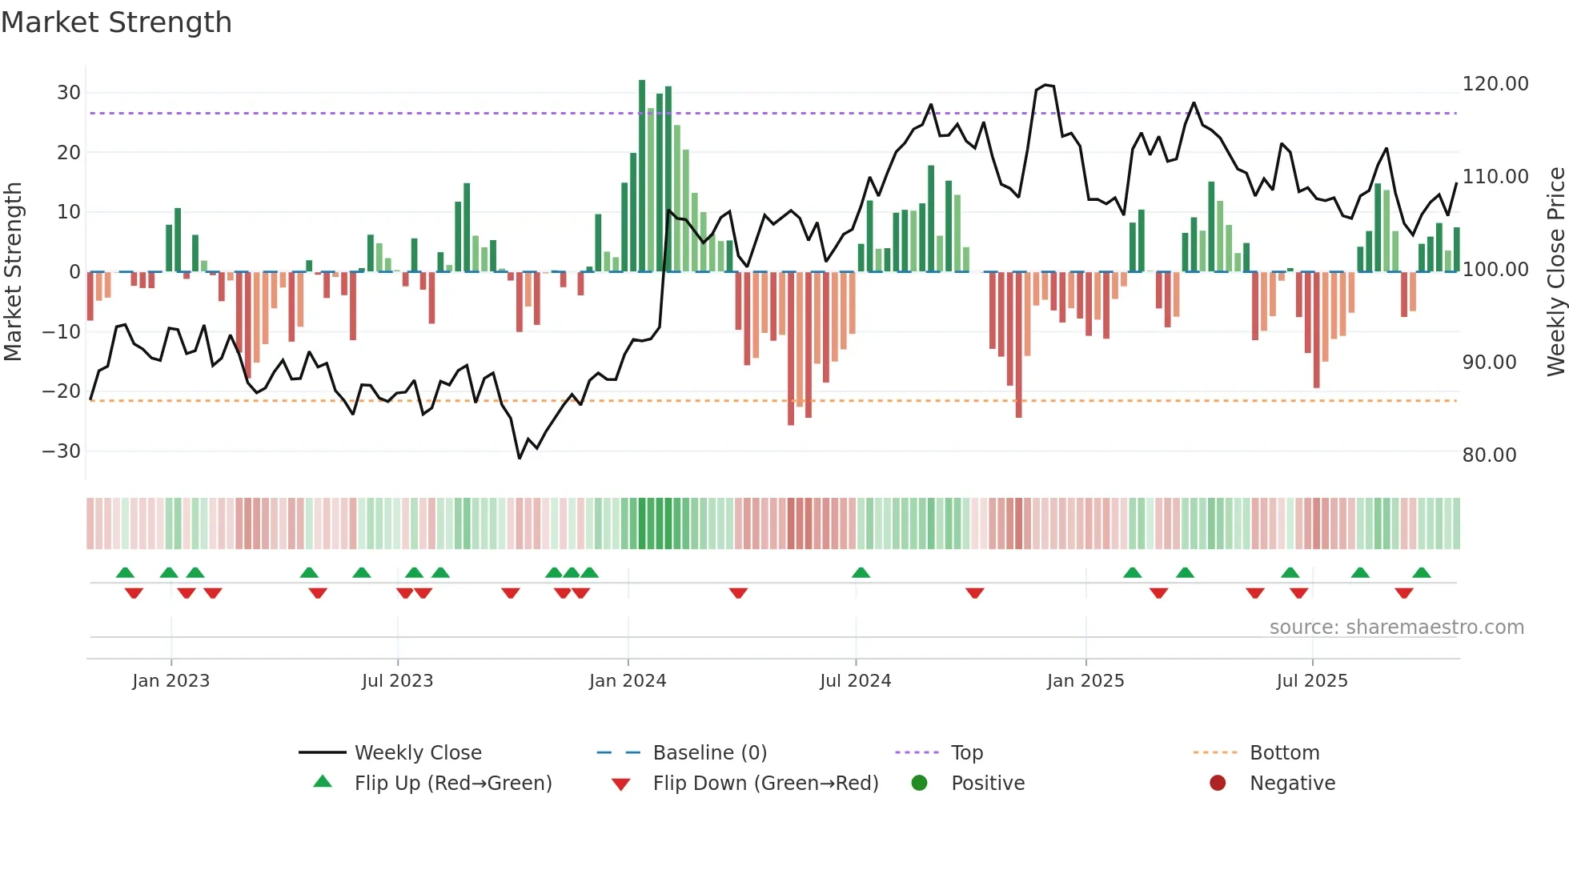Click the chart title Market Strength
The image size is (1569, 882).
coord(116,22)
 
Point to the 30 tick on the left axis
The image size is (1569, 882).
coord(69,93)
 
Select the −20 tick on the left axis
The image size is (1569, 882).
coord(62,391)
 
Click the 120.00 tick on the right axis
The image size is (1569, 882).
coord(1495,84)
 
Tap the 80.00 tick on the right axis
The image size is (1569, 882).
coord(1489,455)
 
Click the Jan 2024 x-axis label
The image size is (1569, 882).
coord(627,681)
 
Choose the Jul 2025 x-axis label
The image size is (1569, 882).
coord(1311,681)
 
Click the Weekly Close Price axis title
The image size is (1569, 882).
coord(1555,272)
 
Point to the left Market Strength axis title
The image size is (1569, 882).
coord(13,272)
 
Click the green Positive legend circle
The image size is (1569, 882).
coord(919,783)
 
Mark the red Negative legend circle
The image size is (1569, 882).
coord(1218,783)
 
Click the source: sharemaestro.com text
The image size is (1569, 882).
coord(1396,627)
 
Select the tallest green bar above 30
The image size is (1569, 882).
coord(642,176)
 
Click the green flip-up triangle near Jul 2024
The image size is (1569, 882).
coord(861,573)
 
